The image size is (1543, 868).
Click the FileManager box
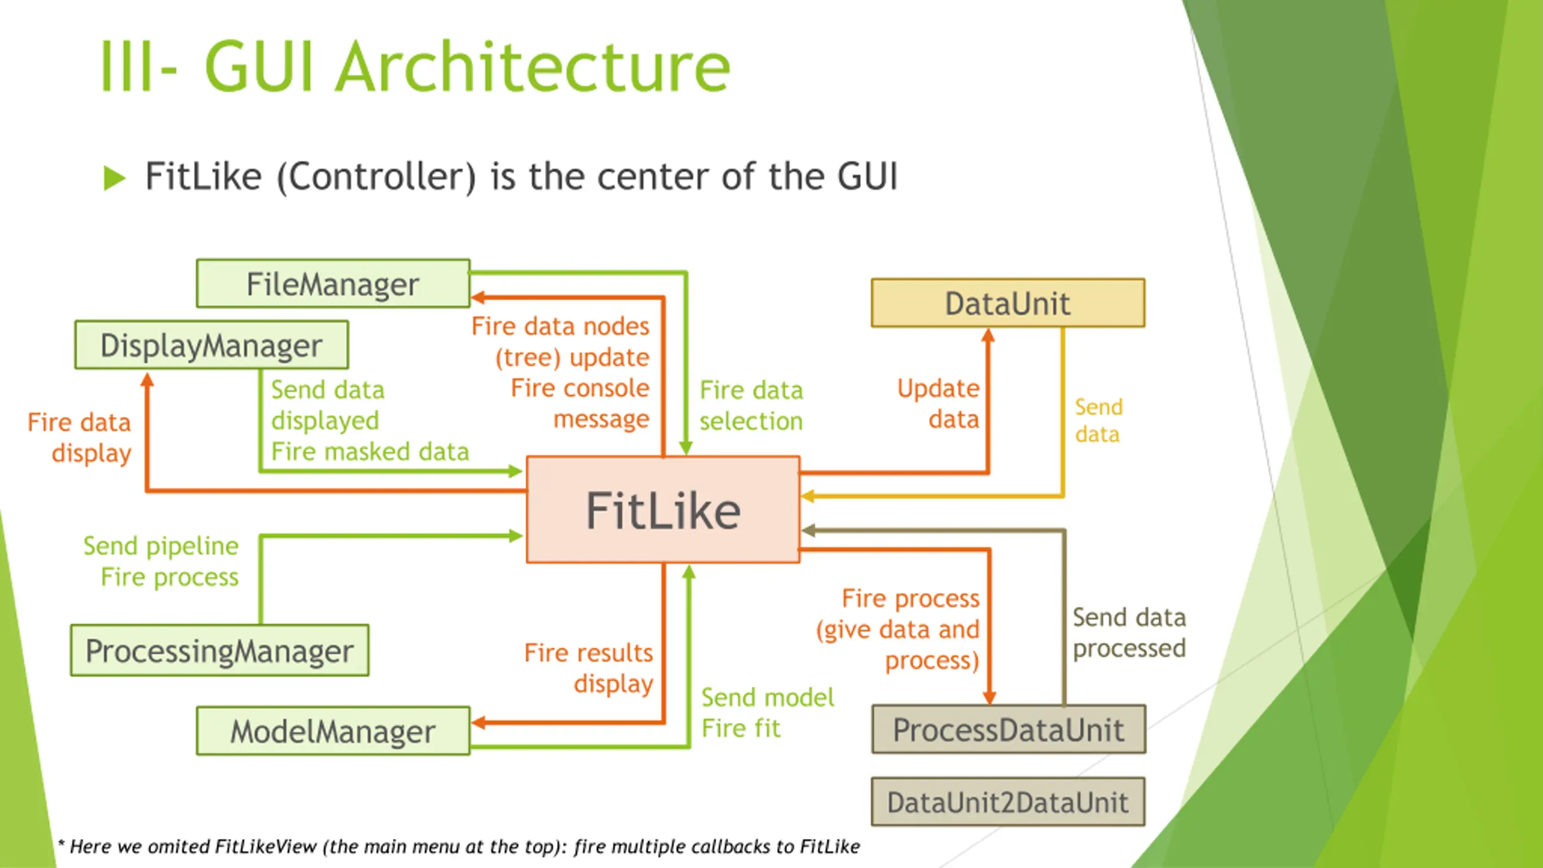pyautogui.click(x=333, y=284)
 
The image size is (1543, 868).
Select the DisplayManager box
pyautogui.click(x=212, y=345)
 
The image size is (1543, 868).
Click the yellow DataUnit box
pyautogui.click(x=1008, y=303)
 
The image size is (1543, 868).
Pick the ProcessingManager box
pyautogui.click(x=219, y=651)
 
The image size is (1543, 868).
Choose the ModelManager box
pyautogui.click(x=333, y=731)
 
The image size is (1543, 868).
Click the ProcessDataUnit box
pyautogui.click(x=1008, y=730)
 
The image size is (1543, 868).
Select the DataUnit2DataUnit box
pyautogui.click(x=1008, y=802)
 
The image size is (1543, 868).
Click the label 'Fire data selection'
pyautogui.click(x=751, y=406)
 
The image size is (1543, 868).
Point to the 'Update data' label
pyautogui.click(x=938, y=403)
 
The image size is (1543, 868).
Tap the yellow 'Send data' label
pyautogui.click(x=1098, y=420)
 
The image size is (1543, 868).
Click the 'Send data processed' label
pyautogui.click(x=1129, y=633)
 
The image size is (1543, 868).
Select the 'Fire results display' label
pyautogui.click(x=589, y=668)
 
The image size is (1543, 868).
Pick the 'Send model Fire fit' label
pyautogui.click(x=767, y=712)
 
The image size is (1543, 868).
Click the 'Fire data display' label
pyautogui.click(x=80, y=438)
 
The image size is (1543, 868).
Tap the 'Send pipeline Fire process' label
pyautogui.click(x=161, y=561)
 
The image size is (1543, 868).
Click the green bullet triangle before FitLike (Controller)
pyautogui.click(x=114, y=178)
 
